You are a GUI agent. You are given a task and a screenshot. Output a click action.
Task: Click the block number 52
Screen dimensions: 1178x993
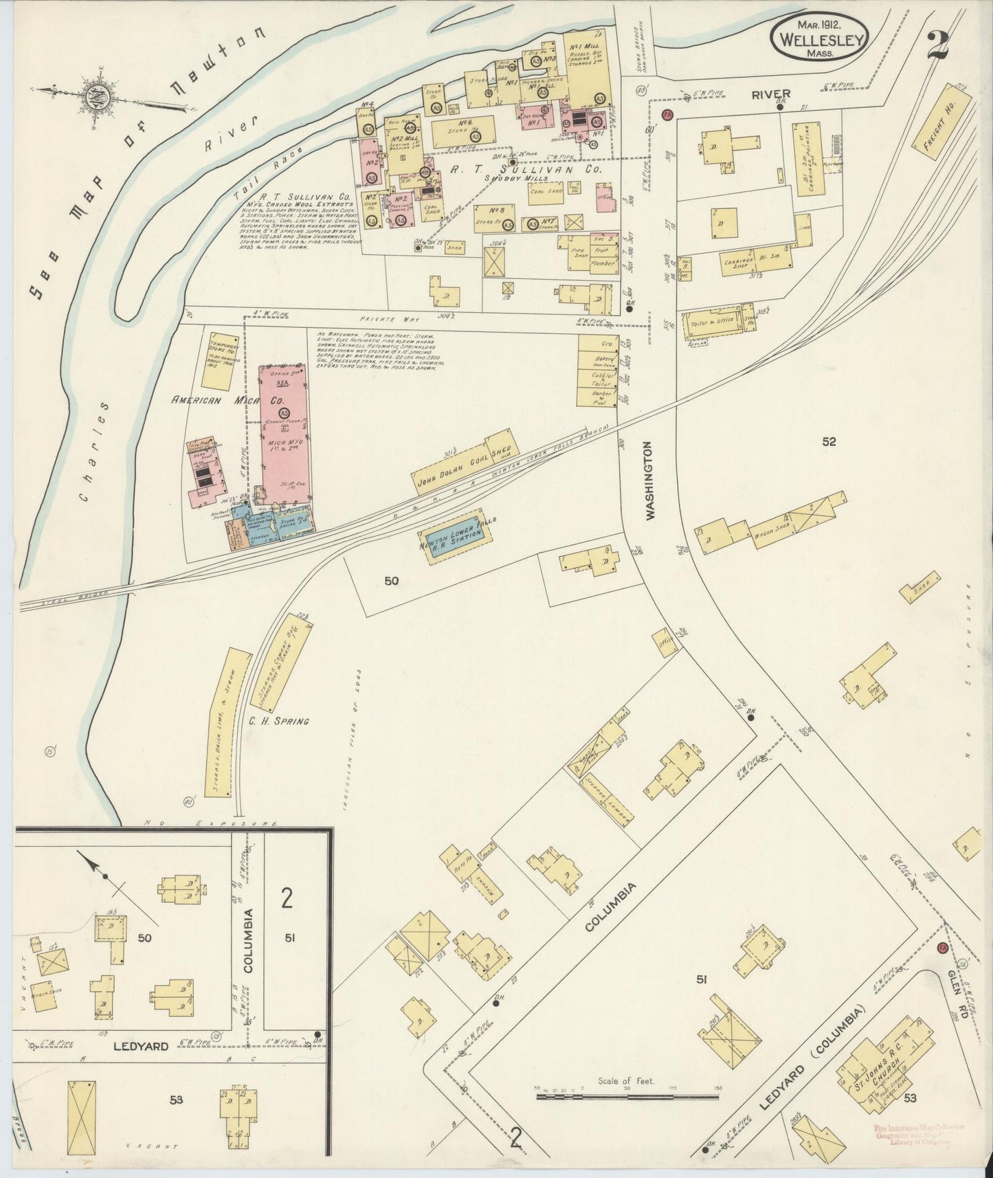click(x=829, y=442)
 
